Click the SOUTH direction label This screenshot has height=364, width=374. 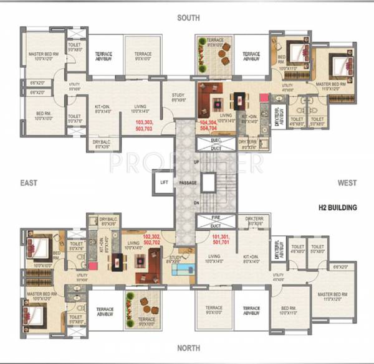coord(188,18)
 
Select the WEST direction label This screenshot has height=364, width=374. coord(347,183)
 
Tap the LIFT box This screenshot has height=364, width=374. coord(164,182)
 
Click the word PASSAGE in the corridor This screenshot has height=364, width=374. coord(188,183)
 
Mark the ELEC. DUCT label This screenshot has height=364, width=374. coord(216,144)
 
